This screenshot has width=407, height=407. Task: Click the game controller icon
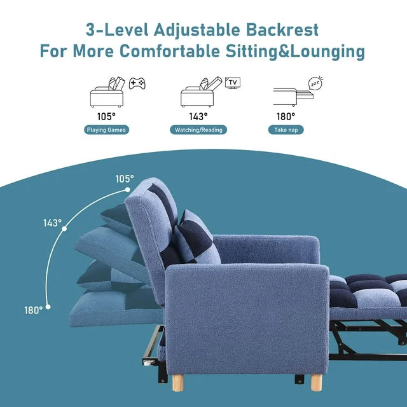[x=137, y=83]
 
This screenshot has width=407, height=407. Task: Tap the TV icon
[x=233, y=83]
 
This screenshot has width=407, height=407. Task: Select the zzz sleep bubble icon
[x=315, y=83]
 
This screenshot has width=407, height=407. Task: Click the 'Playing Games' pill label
[x=106, y=130]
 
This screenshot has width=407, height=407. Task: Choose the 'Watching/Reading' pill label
[x=198, y=130]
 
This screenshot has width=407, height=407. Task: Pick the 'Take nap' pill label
[x=286, y=130]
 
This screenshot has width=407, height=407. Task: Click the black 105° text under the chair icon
[x=106, y=116]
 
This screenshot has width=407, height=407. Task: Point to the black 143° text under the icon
[x=198, y=116]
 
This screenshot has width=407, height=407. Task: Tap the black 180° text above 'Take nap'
[x=286, y=116]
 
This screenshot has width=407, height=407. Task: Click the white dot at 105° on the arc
[x=127, y=190]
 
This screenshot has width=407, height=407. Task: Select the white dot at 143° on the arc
[x=64, y=229]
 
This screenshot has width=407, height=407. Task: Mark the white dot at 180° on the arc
[x=48, y=307]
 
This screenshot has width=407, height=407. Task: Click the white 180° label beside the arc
[x=34, y=310]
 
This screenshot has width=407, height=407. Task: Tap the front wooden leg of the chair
[x=317, y=382]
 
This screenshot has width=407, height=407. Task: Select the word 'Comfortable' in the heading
[x=170, y=51]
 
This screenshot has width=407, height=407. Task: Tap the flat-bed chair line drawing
[x=293, y=97]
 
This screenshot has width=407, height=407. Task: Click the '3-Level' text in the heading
[x=117, y=30]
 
